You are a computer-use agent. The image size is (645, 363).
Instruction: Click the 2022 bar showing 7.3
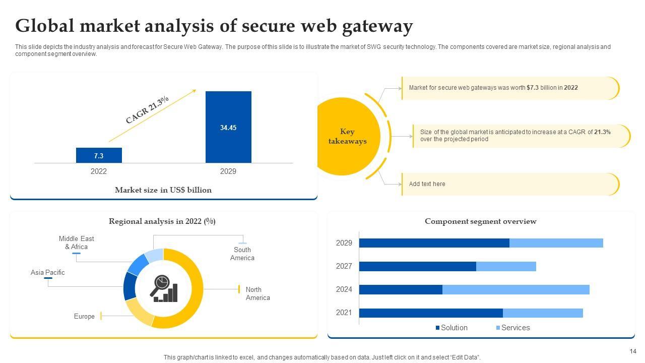(99, 155)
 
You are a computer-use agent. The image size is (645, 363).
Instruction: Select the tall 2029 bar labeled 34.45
(228, 127)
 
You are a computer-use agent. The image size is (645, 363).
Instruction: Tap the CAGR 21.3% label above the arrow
(147, 110)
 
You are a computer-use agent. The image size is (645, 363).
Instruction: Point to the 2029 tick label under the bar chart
(228, 171)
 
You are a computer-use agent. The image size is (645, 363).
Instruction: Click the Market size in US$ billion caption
(163, 190)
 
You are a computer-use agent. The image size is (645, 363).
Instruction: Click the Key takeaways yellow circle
(347, 137)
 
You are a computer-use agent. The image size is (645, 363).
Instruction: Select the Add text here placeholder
(427, 184)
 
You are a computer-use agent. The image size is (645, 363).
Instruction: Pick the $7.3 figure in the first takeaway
(533, 88)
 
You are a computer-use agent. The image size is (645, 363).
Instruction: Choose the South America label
(242, 254)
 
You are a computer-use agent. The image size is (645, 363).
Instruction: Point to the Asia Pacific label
(48, 272)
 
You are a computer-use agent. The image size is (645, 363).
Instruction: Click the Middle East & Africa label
(77, 243)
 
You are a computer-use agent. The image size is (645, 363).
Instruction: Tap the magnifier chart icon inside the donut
(163, 288)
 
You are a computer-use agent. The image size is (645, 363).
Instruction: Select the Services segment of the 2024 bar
(515, 289)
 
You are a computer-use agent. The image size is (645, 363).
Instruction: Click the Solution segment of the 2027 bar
(417, 266)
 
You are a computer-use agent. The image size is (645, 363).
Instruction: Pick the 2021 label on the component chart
(344, 313)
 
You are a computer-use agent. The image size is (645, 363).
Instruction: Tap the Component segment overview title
(481, 221)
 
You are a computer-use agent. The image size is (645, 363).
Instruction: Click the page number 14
(633, 351)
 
